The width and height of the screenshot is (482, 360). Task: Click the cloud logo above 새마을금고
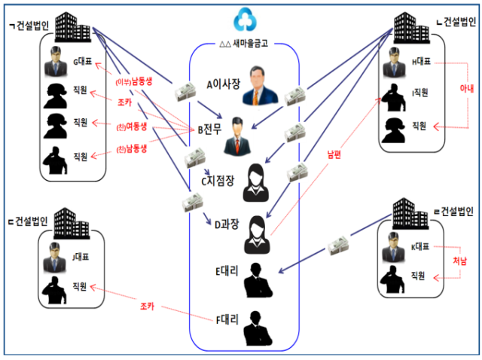245,20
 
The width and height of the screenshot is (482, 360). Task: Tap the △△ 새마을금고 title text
244,44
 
